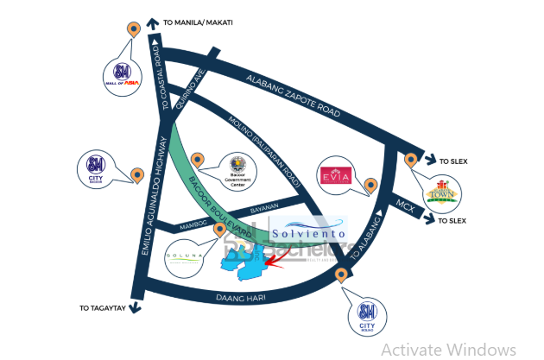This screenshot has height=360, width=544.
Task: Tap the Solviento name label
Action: point(307,233)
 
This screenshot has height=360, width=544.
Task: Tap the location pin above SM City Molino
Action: point(342,275)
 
